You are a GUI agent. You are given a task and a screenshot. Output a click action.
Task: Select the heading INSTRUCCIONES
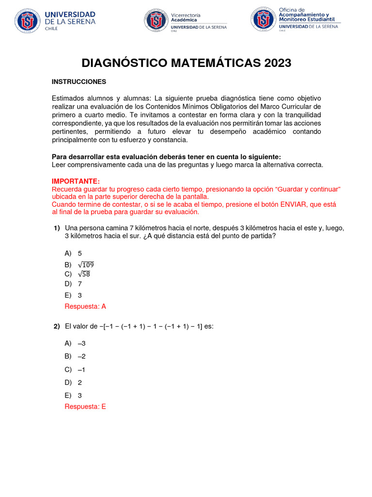pos(79,82)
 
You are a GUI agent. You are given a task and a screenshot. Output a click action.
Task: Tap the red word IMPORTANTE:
pos(76,181)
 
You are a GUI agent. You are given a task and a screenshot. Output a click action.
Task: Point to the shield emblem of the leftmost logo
pos(27,20)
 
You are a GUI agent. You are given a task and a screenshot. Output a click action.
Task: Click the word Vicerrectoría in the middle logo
pos(186,15)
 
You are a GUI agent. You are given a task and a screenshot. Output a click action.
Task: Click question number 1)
pos(56,228)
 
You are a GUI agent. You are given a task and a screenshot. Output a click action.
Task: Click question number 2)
pos(56,327)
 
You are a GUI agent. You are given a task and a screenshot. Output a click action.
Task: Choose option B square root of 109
pos(85,265)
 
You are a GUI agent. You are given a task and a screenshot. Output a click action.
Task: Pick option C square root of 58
pos(83,274)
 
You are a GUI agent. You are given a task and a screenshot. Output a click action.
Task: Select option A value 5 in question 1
pos(79,253)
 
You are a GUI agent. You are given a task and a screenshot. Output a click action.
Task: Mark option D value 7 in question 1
pos(79,283)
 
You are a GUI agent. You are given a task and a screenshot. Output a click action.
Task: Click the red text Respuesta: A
pos(85,306)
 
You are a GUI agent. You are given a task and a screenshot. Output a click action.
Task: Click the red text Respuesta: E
pos(85,407)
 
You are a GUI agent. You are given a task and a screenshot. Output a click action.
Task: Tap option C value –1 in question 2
pos(81,369)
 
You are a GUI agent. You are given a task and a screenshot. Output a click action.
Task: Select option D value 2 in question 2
pos(79,382)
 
